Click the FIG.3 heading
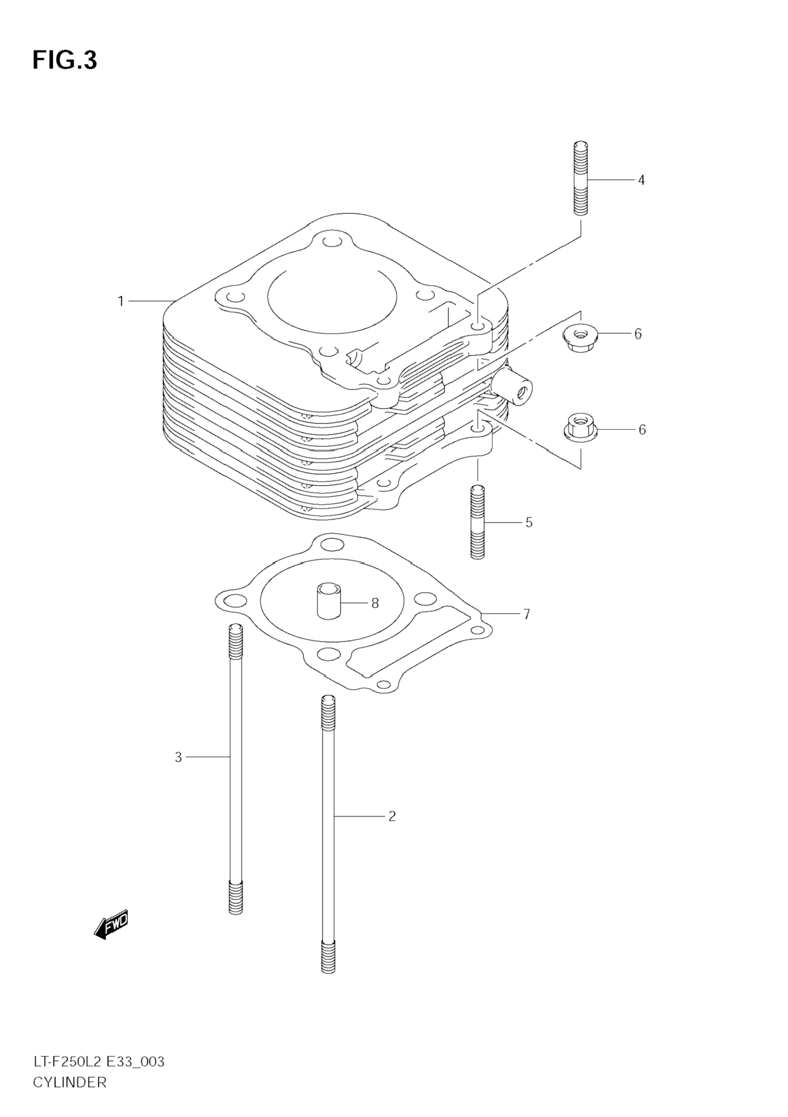click(x=65, y=60)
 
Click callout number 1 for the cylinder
click(x=121, y=301)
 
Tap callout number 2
click(x=392, y=816)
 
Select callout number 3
click(x=179, y=757)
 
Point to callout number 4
click(x=641, y=180)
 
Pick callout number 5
click(x=529, y=522)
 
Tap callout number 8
click(x=374, y=603)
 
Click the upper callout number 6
click(x=638, y=334)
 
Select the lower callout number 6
click(x=642, y=429)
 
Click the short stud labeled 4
click(x=581, y=178)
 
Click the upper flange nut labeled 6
click(x=579, y=335)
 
